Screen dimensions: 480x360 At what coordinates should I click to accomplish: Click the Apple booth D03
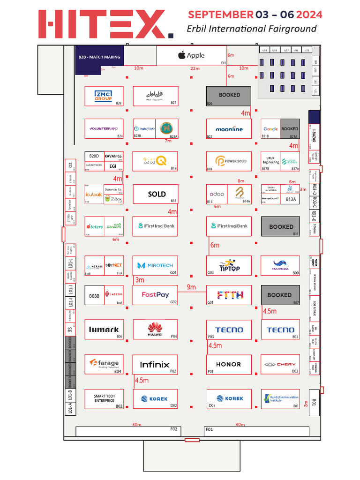pyautogui.click(x=191, y=56)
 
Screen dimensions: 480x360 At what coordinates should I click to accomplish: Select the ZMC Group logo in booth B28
pyautogui.click(x=103, y=95)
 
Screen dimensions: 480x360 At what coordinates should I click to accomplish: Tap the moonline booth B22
pyautogui.click(x=229, y=129)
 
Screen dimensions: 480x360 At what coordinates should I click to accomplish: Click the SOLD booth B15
pyautogui.click(x=156, y=194)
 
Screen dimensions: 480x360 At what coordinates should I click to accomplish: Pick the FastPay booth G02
pyautogui.click(x=155, y=295)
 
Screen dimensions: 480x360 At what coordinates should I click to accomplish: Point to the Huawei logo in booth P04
pyautogui.click(x=155, y=329)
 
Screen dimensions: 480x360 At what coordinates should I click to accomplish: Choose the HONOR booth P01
pyautogui.click(x=229, y=364)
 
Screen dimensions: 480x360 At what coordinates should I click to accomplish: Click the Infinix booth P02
pyautogui.click(x=155, y=364)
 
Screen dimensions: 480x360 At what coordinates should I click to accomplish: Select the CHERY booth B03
pyautogui.click(x=280, y=364)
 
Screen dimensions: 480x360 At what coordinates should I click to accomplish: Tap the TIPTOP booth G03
pyautogui.click(x=229, y=266)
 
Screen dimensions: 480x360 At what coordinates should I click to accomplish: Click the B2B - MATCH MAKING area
pyautogui.click(x=99, y=57)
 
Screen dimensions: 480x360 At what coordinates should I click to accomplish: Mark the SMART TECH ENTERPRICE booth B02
pyautogui.click(x=104, y=399)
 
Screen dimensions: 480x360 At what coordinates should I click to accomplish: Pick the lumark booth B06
pyautogui.click(x=104, y=330)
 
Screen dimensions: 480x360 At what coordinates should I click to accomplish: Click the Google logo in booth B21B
pyautogui.click(x=270, y=129)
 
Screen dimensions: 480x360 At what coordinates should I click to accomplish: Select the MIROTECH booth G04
pyautogui.click(x=155, y=265)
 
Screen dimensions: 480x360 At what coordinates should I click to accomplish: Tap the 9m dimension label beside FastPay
pyautogui.click(x=191, y=287)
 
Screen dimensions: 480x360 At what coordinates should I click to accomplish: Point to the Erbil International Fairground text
pyautogui.click(x=251, y=29)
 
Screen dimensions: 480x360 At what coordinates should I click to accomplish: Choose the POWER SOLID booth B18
pyautogui.click(x=229, y=161)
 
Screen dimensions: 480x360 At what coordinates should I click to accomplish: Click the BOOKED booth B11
pyautogui.click(x=280, y=226)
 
